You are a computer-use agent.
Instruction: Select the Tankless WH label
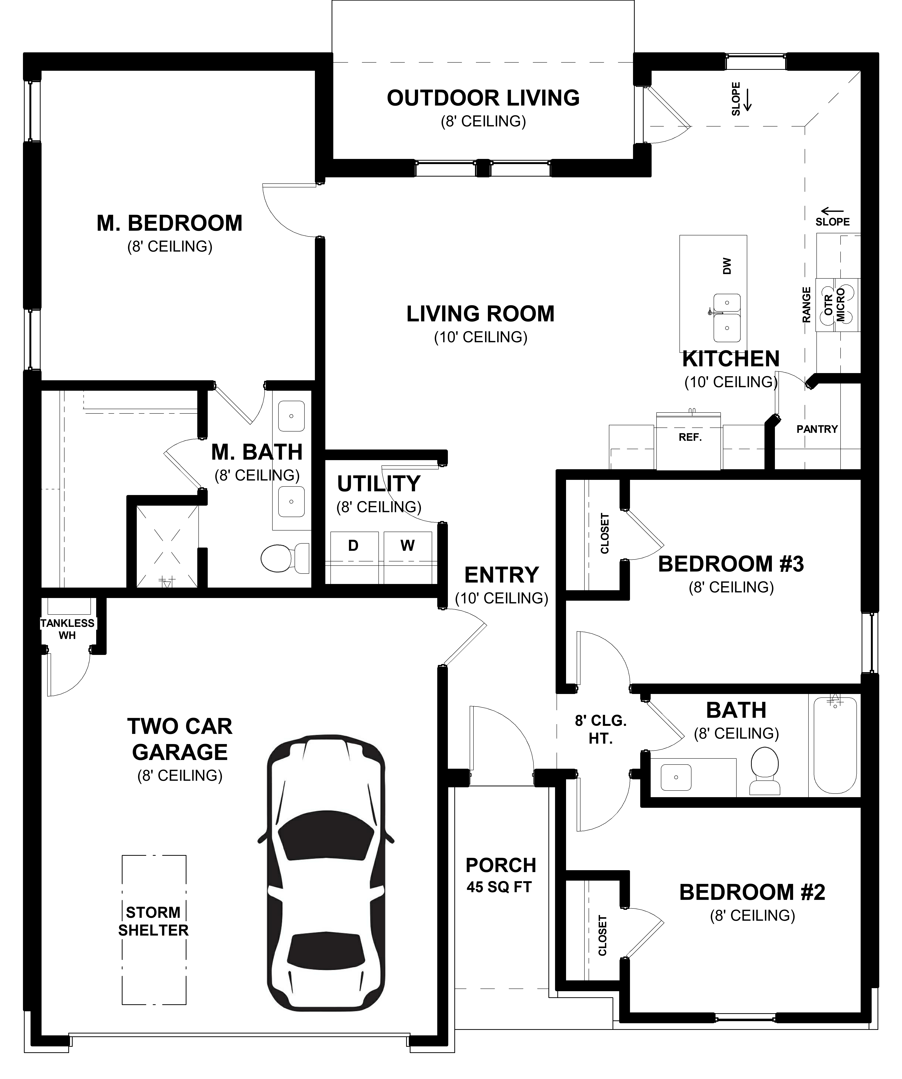coord(67,629)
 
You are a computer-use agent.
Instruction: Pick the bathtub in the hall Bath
coord(835,745)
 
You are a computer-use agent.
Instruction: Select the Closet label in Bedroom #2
coord(602,935)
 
